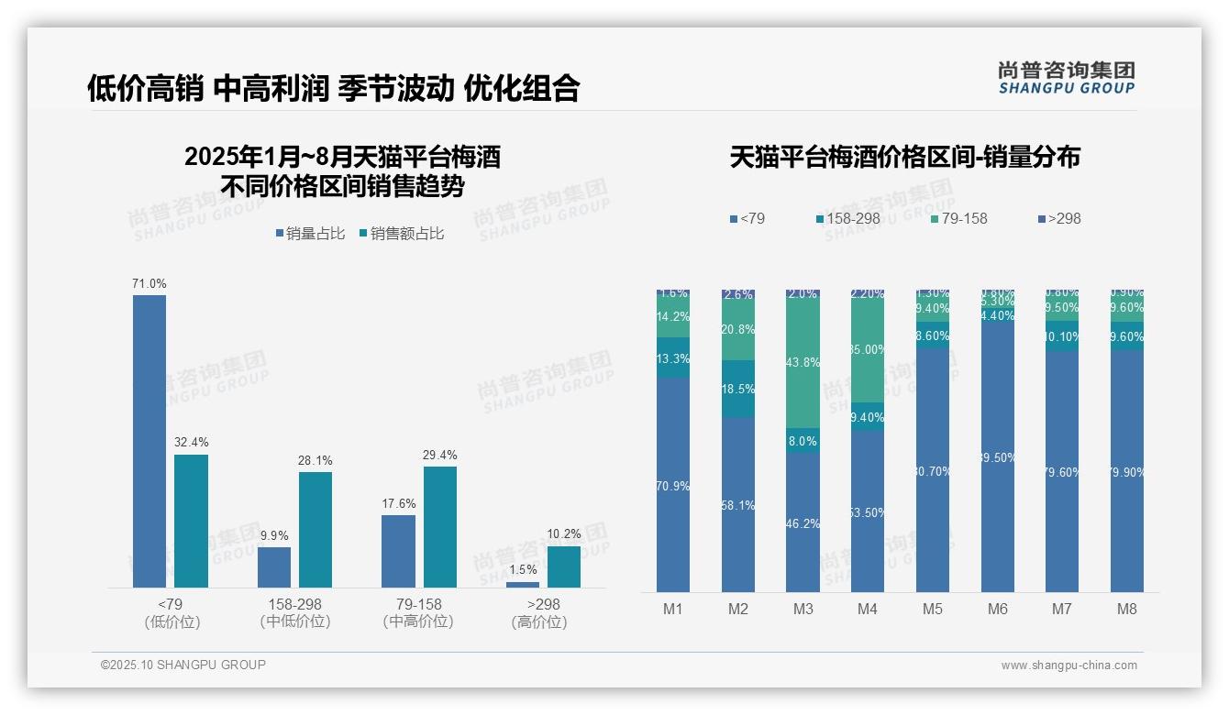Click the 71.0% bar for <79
click(x=149, y=440)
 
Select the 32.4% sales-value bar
click(x=191, y=521)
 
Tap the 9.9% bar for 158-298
click(x=274, y=566)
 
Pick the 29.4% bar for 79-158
click(x=440, y=527)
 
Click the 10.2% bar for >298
click(x=564, y=566)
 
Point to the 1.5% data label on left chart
click(x=522, y=570)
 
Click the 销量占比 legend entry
click(x=310, y=234)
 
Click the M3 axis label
click(x=803, y=609)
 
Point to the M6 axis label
click(x=998, y=609)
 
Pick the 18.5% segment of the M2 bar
click(x=738, y=389)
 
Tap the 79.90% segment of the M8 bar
click(x=1127, y=471)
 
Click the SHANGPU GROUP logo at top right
click(x=1066, y=78)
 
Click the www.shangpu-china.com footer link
click(x=1068, y=665)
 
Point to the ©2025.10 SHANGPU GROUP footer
click(x=183, y=665)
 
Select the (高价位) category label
click(x=538, y=621)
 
